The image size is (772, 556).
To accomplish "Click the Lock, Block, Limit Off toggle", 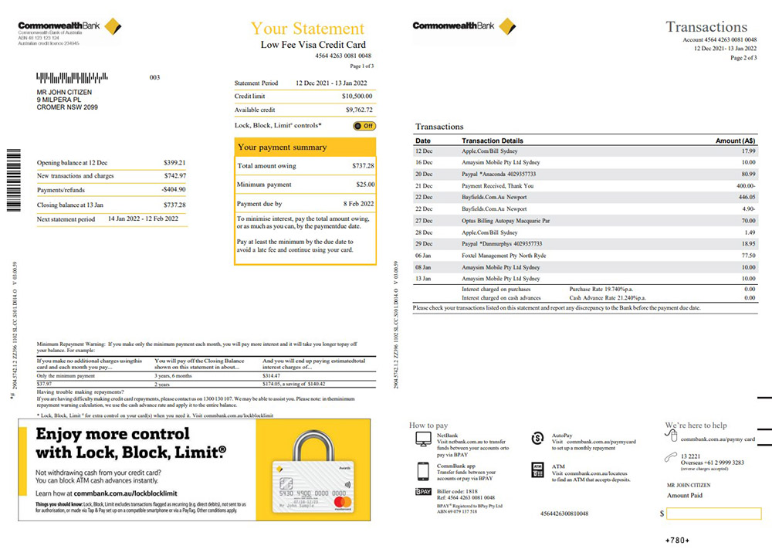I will [x=364, y=126].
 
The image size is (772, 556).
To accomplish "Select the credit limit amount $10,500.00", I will [x=357, y=96].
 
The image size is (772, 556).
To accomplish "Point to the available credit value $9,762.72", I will [x=358, y=110].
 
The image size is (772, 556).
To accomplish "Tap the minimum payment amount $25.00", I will [x=364, y=185].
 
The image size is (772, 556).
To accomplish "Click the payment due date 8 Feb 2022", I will [x=357, y=204].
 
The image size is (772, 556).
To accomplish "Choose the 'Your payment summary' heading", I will [x=283, y=147].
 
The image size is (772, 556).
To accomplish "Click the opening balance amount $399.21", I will [x=174, y=163].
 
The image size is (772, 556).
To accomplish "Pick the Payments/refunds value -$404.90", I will [x=174, y=191].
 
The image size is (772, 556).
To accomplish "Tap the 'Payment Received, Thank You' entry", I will [x=497, y=185].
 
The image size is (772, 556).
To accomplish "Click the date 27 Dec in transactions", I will [x=424, y=220].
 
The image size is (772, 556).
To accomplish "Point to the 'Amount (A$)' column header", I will [x=735, y=141].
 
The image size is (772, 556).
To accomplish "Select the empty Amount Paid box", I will [x=713, y=514].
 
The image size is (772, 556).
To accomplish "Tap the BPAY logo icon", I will [x=423, y=492].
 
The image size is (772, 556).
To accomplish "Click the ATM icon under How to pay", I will [x=538, y=468].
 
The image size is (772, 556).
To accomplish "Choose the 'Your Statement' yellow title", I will [x=307, y=29].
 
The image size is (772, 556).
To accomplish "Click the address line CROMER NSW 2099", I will [x=67, y=107].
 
